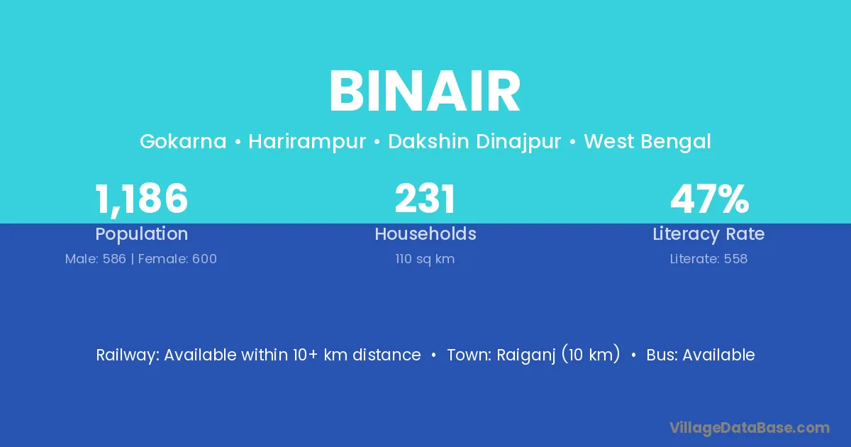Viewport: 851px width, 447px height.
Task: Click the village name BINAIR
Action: coord(425,92)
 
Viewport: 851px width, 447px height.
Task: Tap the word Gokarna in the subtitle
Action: coord(183,141)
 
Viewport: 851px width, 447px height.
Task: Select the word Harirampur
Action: coord(307,142)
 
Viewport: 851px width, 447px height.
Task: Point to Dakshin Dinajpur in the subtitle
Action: coord(474,142)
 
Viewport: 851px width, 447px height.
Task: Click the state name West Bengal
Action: coord(647,142)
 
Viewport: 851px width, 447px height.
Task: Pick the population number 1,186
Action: coord(141,199)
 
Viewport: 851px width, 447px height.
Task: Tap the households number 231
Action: coord(425,198)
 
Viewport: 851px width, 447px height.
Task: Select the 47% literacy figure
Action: coord(710,199)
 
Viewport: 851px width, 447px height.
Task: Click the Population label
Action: coord(142,234)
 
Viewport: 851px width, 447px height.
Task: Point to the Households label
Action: coord(425,233)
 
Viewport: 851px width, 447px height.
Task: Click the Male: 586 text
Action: coord(95,259)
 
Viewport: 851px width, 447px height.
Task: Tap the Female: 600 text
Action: coord(177,259)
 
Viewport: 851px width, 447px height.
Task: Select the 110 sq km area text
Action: coord(425,259)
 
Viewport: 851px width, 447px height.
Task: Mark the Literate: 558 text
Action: coord(709,259)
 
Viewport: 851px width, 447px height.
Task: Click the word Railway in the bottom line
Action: coord(128,355)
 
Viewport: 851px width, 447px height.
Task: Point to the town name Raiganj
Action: coord(525,355)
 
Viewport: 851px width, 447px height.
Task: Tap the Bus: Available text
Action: coord(701,355)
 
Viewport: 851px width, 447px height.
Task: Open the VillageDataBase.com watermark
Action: coord(750,429)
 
